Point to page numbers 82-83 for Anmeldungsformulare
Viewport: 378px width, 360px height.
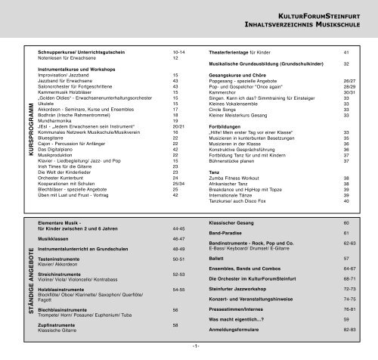click(x=346, y=331)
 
